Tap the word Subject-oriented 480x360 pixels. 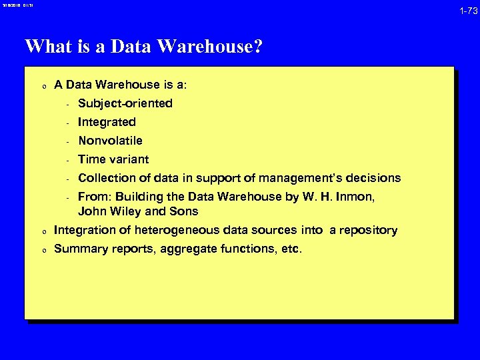[125, 103]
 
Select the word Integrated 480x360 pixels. [107, 122]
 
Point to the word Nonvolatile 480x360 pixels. [110, 141]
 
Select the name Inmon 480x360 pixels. [357, 197]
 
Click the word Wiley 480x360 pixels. [126, 211]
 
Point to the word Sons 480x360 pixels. [183, 211]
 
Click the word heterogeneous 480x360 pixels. [168, 230]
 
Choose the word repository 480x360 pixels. [366, 230]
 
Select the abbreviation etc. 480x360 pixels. [291, 249]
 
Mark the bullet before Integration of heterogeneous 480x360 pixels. [43, 231]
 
